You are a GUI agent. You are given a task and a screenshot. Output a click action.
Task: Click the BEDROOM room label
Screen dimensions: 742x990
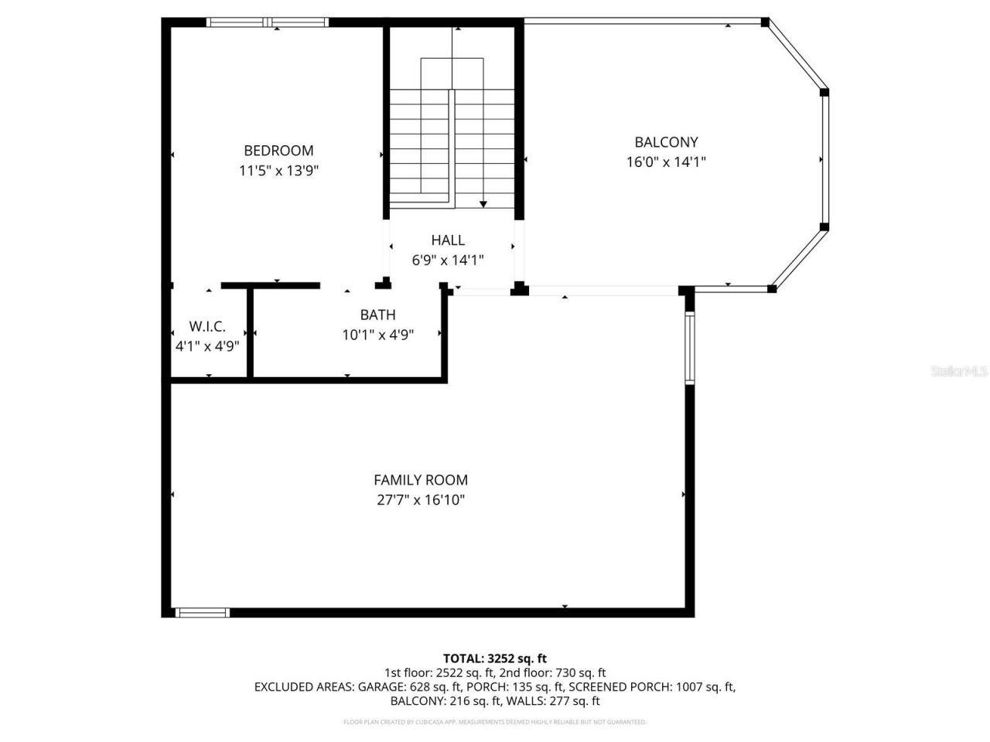click(278, 151)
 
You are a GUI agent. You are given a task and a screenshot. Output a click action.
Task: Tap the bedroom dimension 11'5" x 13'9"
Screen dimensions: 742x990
click(278, 171)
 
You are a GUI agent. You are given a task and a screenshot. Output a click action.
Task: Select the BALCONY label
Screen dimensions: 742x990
click(666, 142)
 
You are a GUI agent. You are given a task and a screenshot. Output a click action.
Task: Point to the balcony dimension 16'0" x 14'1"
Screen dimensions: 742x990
click(666, 162)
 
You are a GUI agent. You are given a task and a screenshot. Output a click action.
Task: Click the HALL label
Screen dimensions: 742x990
click(448, 240)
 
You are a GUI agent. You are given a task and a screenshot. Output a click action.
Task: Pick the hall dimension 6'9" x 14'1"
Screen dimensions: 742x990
click(448, 260)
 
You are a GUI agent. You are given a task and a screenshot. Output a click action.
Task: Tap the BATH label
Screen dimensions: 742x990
click(377, 315)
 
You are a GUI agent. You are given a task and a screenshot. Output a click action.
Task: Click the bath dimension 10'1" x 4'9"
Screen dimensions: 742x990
click(377, 335)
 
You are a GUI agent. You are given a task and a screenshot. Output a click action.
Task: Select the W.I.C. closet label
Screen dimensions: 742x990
click(207, 327)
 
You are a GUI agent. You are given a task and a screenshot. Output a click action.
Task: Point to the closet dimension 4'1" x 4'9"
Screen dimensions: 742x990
click(207, 346)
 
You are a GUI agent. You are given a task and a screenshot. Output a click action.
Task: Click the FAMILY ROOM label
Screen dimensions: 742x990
click(421, 480)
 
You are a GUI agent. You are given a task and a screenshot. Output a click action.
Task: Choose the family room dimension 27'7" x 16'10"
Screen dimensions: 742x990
click(421, 500)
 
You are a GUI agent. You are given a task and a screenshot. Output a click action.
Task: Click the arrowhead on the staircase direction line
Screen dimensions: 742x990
click(483, 204)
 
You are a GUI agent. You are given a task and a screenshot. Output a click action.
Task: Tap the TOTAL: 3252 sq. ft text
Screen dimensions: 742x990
click(494, 659)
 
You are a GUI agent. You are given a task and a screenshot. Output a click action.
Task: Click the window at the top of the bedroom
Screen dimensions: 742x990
click(268, 22)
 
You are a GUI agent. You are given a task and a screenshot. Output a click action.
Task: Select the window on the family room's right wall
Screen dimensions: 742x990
click(689, 348)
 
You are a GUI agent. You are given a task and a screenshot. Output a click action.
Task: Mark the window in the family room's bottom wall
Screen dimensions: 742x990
click(203, 613)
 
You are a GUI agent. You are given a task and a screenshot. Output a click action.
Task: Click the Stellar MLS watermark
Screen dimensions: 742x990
click(959, 372)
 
